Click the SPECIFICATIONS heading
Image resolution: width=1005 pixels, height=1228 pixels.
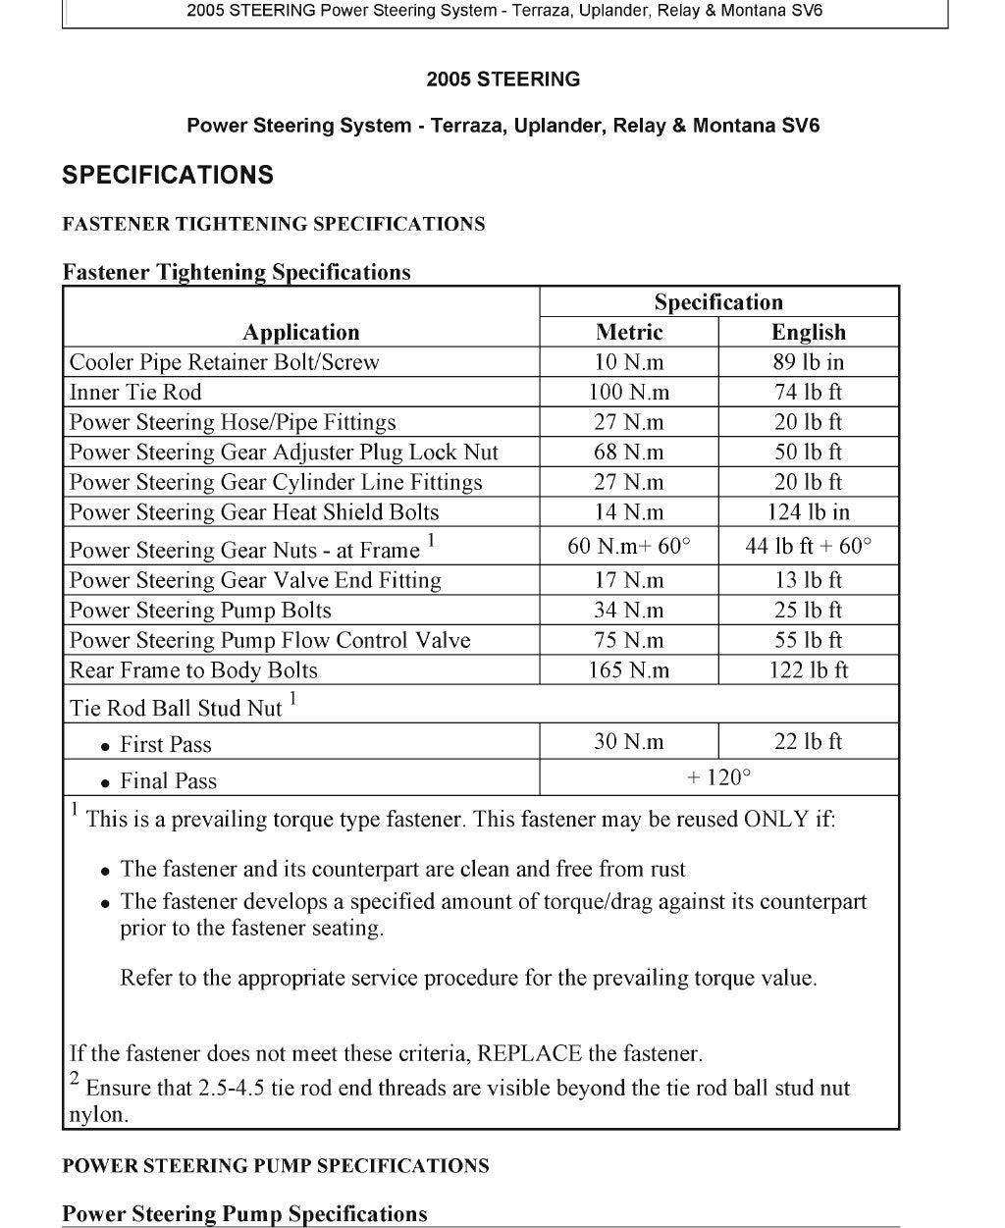(168, 176)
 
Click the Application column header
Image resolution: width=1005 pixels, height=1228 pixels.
(301, 332)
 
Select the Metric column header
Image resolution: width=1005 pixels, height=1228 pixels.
(629, 332)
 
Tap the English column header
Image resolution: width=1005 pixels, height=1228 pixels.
(808, 332)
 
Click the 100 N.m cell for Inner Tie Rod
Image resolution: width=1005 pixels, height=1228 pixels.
(629, 393)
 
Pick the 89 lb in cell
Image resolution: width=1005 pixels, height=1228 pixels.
(808, 362)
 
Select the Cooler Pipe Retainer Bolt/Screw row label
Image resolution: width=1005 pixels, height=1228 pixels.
(224, 362)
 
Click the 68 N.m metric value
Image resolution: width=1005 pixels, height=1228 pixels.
(629, 453)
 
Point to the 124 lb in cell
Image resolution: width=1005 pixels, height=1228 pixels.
(808, 512)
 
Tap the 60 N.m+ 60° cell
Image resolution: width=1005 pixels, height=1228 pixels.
(629, 546)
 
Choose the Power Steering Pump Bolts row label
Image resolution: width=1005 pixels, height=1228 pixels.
(200, 611)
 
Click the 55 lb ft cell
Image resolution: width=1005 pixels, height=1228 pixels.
(808, 641)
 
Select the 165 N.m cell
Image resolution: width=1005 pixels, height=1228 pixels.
(629, 670)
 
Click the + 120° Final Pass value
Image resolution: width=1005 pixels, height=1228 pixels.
(718, 777)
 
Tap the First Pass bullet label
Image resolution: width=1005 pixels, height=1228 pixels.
(165, 745)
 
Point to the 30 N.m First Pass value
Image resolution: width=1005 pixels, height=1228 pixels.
(629, 741)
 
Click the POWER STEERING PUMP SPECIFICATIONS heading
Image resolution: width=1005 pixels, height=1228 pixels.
(276, 1166)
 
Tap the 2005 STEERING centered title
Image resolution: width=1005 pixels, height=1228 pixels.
(503, 80)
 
